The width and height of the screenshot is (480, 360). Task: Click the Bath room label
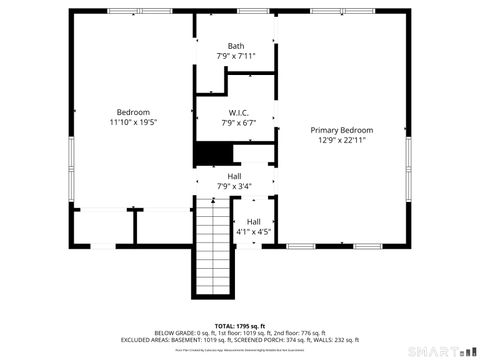pyautogui.click(x=236, y=46)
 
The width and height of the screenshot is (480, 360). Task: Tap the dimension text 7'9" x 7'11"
pyautogui.click(x=236, y=56)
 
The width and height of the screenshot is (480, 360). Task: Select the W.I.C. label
pyautogui.click(x=238, y=113)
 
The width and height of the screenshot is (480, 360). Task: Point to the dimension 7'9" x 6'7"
pyautogui.click(x=238, y=123)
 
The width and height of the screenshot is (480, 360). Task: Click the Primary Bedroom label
pyautogui.click(x=341, y=130)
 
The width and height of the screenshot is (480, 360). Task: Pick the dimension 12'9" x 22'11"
pyautogui.click(x=341, y=140)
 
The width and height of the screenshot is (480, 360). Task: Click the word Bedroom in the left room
pyautogui.click(x=133, y=112)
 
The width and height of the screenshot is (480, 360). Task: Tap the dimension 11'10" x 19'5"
pyautogui.click(x=133, y=122)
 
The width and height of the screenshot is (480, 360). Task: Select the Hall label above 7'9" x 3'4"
pyautogui.click(x=234, y=176)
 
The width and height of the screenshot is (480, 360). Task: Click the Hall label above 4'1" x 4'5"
pyautogui.click(x=254, y=221)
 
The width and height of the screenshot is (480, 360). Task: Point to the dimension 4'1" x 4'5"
pyautogui.click(x=254, y=231)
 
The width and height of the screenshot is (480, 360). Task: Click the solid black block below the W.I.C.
pyautogui.click(x=213, y=153)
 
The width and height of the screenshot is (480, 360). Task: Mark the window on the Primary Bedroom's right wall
pyautogui.click(x=408, y=159)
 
